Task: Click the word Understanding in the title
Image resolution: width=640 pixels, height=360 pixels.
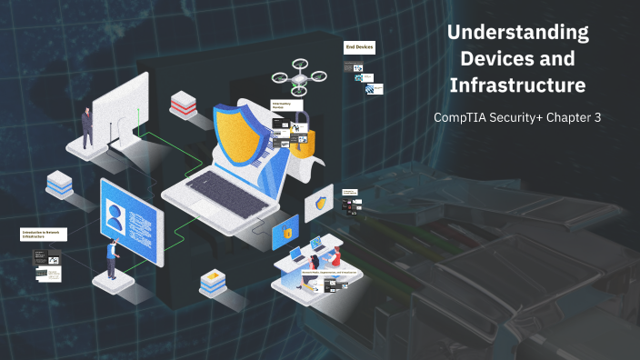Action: pyautogui.click(x=519, y=34)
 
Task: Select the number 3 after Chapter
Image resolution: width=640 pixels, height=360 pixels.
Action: pyautogui.click(x=597, y=118)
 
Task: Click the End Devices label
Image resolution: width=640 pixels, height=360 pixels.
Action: pyautogui.click(x=358, y=46)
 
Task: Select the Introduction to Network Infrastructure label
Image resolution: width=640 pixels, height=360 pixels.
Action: pyautogui.click(x=44, y=235)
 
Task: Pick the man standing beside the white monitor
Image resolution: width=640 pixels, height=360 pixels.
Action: pyautogui.click(x=87, y=126)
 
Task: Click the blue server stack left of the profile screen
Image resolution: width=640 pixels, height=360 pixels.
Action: pyautogui.click(x=60, y=184)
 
